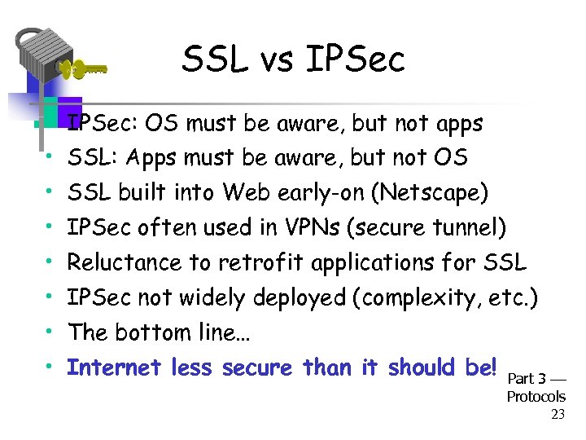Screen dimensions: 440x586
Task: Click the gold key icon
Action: tap(81, 70)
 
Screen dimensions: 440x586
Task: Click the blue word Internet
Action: tap(114, 367)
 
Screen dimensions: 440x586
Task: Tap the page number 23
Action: tap(558, 414)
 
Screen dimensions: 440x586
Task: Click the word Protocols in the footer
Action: tap(536, 397)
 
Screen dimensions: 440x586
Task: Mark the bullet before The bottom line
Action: tap(50, 331)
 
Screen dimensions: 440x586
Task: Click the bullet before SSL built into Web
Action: tap(50, 191)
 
